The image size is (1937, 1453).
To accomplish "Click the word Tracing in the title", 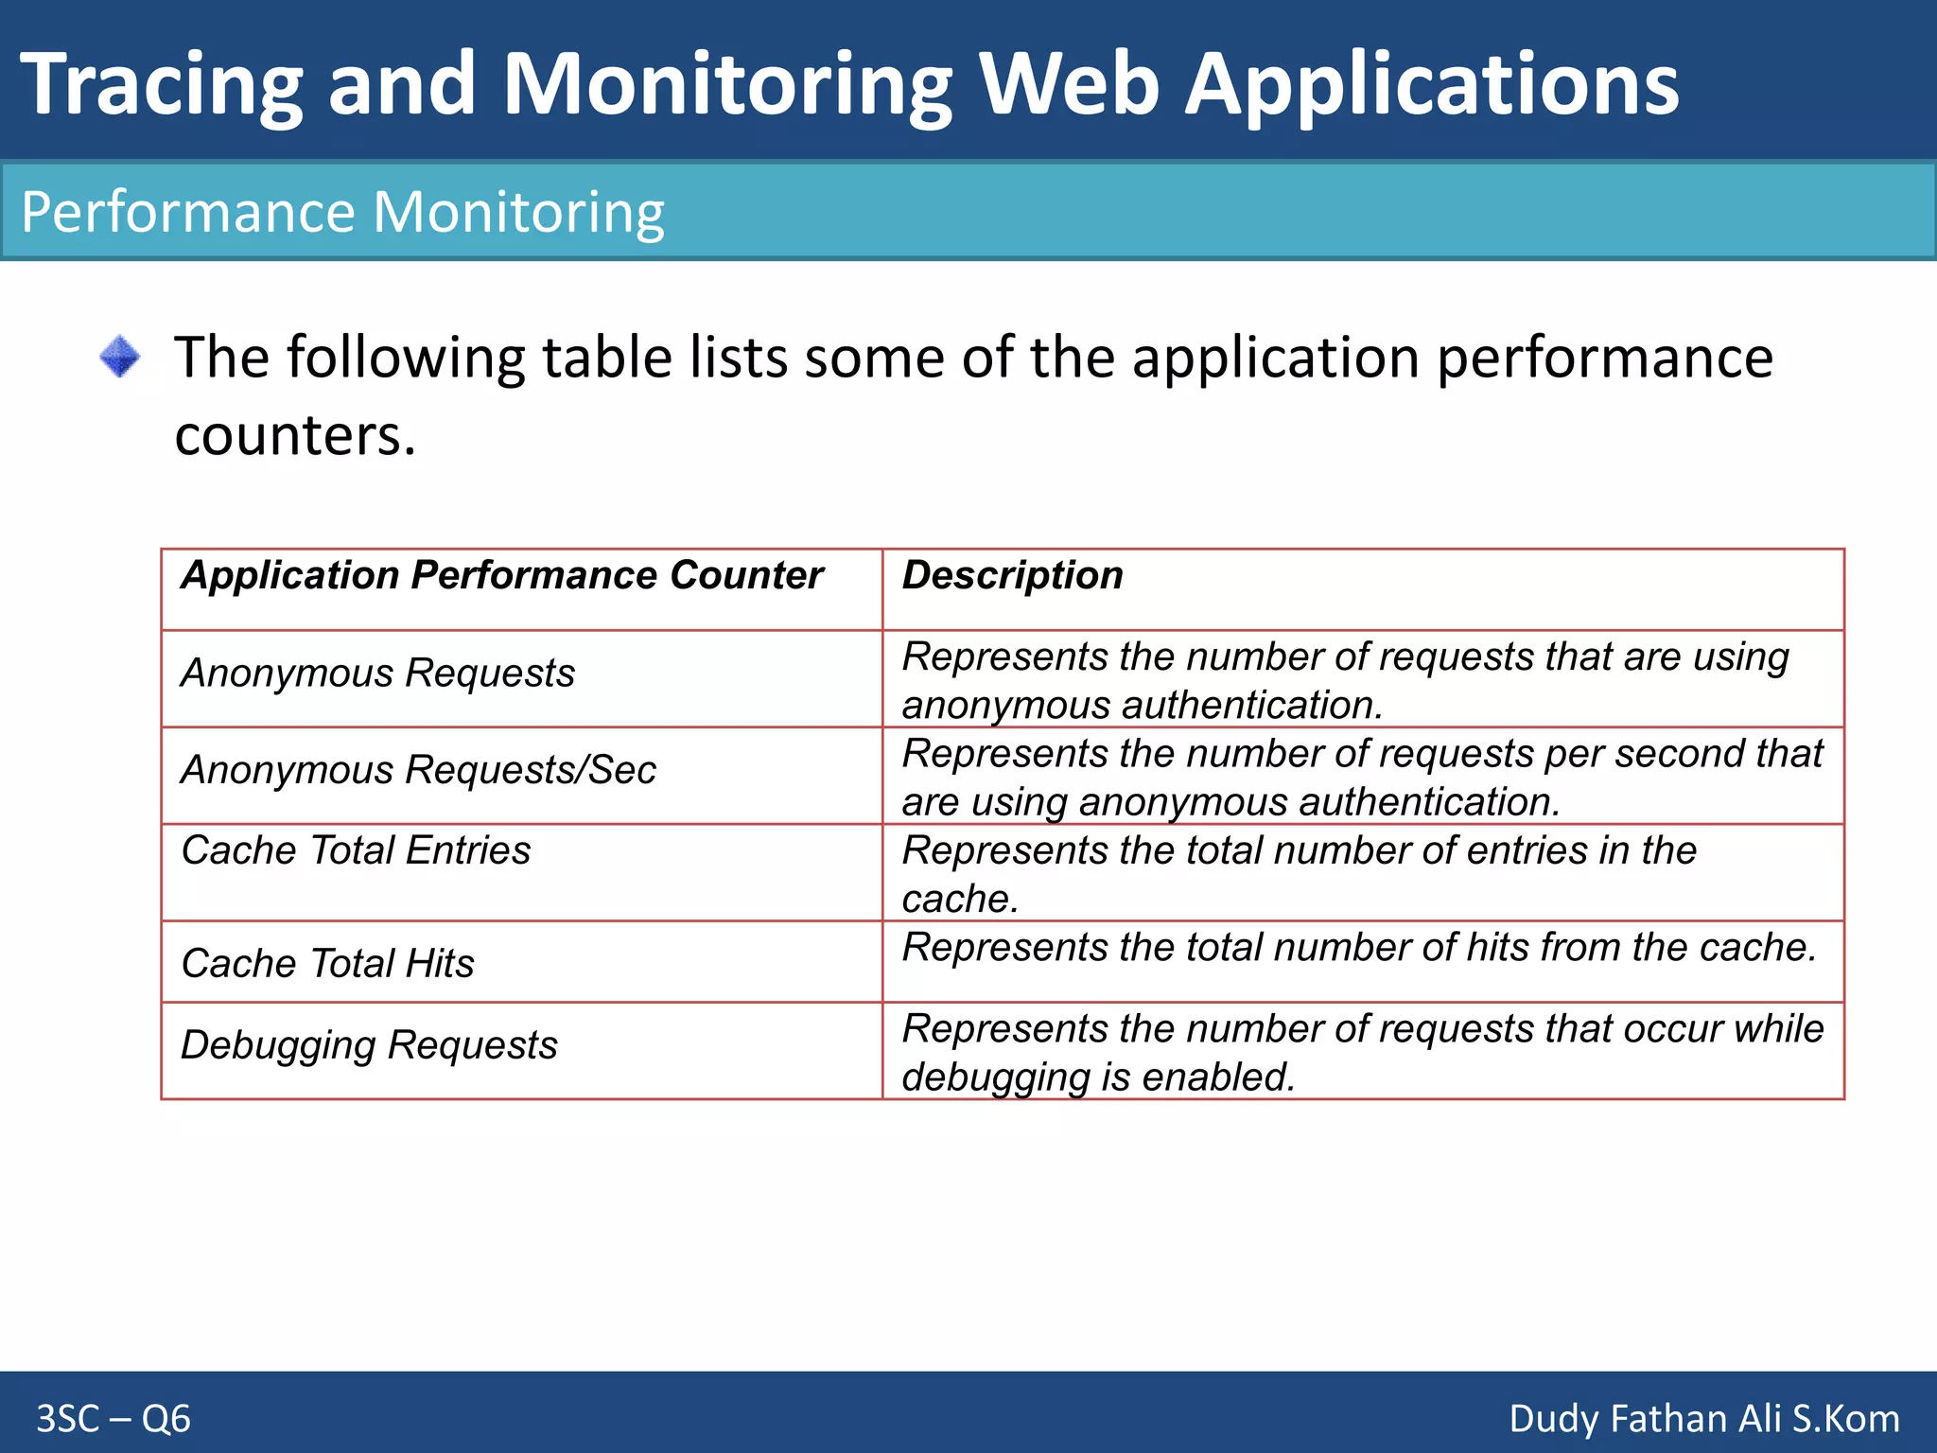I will click(x=161, y=85).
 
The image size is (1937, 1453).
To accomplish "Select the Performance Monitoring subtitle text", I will click(x=342, y=212).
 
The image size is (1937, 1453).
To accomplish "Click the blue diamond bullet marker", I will click(x=120, y=358).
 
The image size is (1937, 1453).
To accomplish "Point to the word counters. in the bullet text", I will click(x=295, y=436).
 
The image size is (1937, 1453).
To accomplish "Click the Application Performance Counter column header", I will click(x=502, y=575).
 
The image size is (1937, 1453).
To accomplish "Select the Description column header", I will click(x=1013, y=575).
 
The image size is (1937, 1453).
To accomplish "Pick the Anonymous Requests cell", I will click(x=377, y=674).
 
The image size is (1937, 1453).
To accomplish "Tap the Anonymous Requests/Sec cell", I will click(x=418, y=770).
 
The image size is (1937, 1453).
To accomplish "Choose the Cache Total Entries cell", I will click(x=356, y=850).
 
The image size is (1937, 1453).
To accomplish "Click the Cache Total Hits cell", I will click(x=327, y=964).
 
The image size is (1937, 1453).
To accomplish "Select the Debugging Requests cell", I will click(x=369, y=1045).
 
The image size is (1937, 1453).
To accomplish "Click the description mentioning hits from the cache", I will click(x=1359, y=948).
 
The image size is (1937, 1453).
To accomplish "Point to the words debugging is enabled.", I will click(x=1097, y=1077).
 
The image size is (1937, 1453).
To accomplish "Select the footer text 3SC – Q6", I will click(x=113, y=1419).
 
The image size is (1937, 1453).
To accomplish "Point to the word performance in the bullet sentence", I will click(x=1604, y=359).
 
